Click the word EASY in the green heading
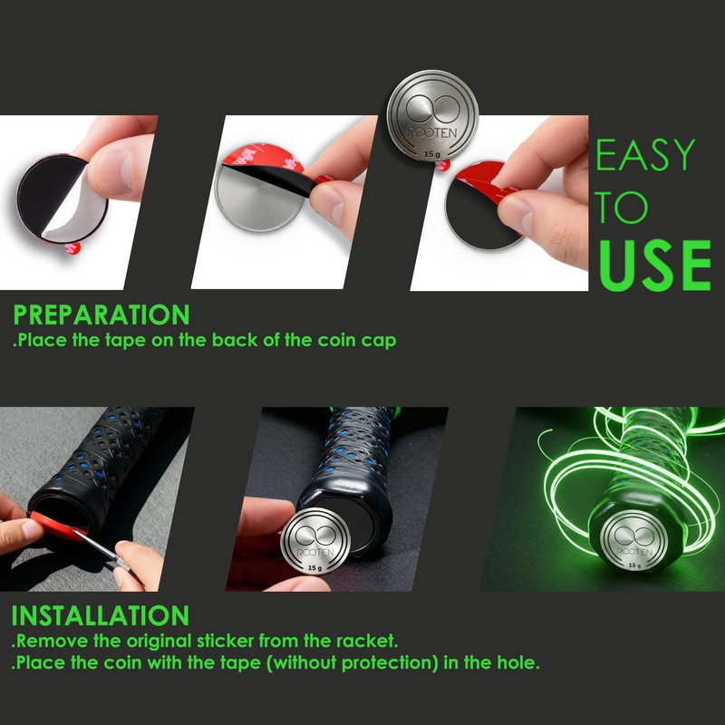pos(645,154)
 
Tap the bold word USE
pos(653,266)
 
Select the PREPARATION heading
pos(101,314)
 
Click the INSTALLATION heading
pos(101,616)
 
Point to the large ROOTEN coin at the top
pos(432,116)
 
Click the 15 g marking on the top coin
pos(432,154)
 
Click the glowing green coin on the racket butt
pos(633,540)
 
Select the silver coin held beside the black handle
pos(314,540)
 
